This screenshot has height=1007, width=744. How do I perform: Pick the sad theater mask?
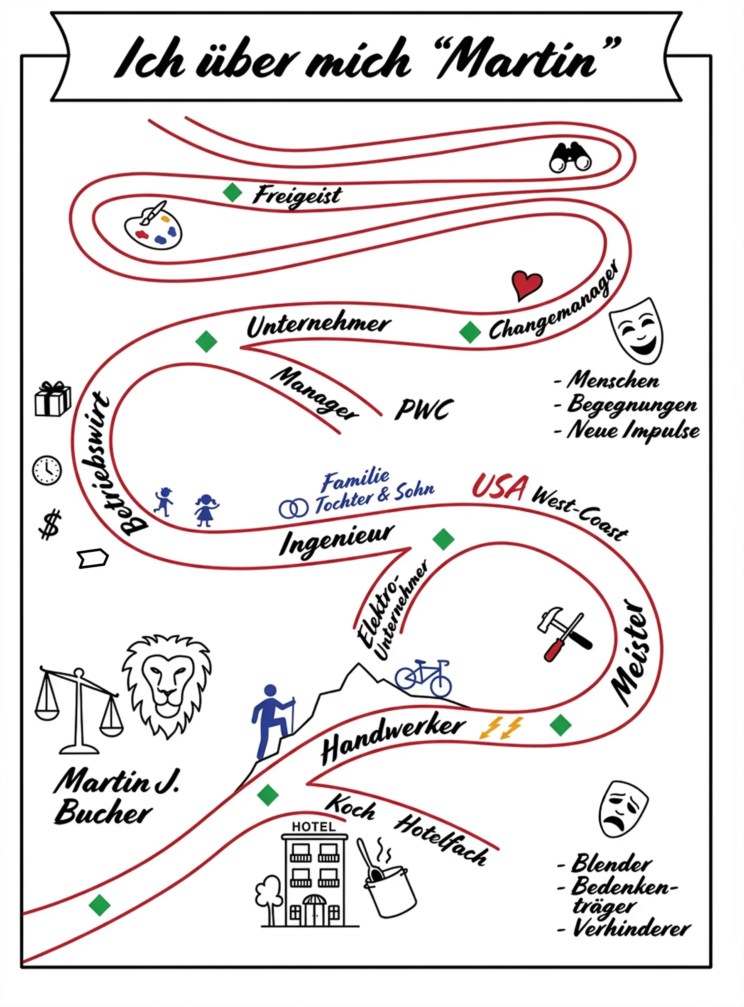pyautogui.click(x=623, y=808)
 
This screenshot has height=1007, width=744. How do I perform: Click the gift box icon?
pyautogui.click(x=53, y=400)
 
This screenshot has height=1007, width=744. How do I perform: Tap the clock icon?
pyautogui.click(x=47, y=471)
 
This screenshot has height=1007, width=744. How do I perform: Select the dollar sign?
pyautogui.click(x=50, y=524)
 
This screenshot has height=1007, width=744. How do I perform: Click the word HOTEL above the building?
pyautogui.click(x=313, y=827)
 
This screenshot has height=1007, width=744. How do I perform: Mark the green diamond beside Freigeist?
pyautogui.click(x=232, y=192)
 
